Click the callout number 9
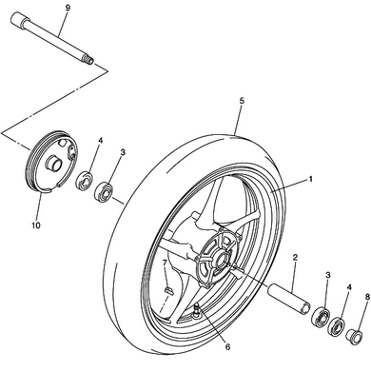coord(68,9)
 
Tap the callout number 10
coord(36,225)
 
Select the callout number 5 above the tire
coord(242,101)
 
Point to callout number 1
coord(311,179)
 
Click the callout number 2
coord(295,258)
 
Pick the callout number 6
coord(227,347)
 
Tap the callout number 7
coord(165,263)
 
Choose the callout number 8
coord(367,297)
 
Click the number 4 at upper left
coord(101,141)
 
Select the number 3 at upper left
coord(123,152)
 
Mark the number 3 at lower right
coord(328,275)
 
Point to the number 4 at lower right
coord(349,287)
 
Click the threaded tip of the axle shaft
coord(88,60)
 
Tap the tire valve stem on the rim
coord(197,309)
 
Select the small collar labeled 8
coord(355,336)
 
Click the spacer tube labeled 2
coord(289,300)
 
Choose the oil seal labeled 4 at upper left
coord(85,181)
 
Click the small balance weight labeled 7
coord(168,290)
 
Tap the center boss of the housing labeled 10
coord(53,164)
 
